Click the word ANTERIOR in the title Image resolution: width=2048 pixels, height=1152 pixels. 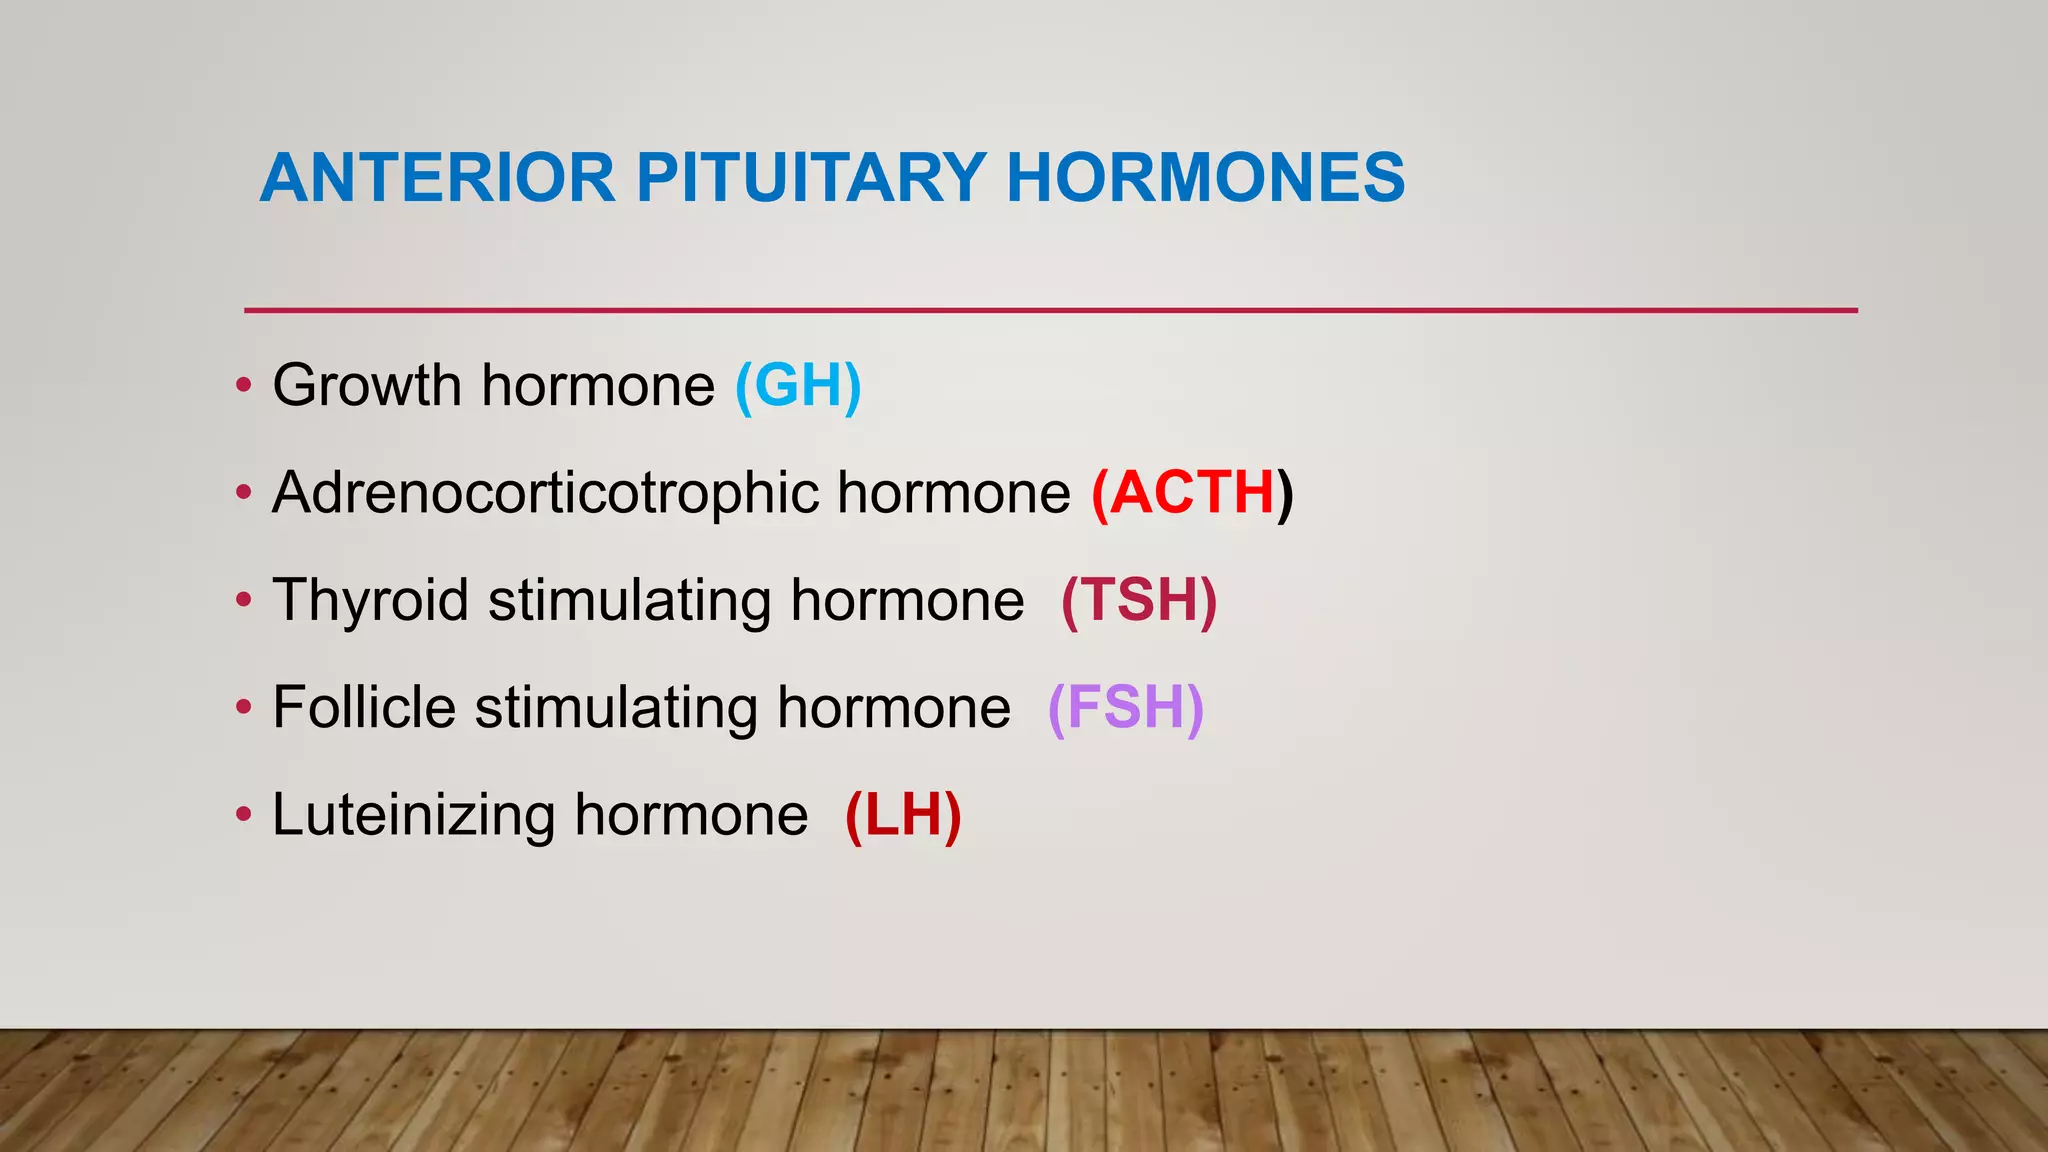pos(437,178)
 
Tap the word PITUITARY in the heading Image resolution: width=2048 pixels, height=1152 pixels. pos(811,178)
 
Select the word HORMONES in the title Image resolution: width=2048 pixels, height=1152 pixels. pos(1205,178)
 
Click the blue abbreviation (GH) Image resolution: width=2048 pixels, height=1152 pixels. pos(798,386)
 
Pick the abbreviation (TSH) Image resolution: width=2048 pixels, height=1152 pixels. pos(1139,601)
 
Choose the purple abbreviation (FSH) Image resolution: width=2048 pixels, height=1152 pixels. pos(1125,708)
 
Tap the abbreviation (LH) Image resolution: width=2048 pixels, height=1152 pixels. pos(903,815)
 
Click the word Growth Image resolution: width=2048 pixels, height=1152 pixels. pos(366,386)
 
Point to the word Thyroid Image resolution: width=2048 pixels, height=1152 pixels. pos(370,602)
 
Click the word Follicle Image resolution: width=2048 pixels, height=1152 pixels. pos(364,708)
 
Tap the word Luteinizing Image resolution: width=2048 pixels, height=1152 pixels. pos(413,816)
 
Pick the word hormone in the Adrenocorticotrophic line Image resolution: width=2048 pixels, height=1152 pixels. pos(953,493)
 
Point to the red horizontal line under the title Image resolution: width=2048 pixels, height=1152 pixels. pos(1050,311)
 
